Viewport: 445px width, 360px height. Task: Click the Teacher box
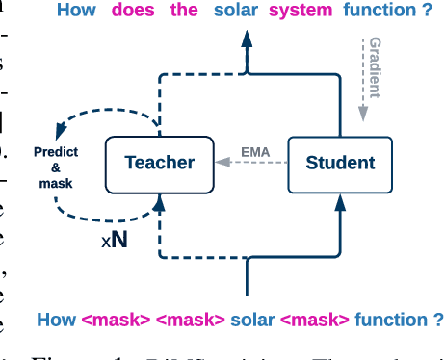click(x=159, y=163)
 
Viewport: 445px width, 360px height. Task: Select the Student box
click(x=339, y=163)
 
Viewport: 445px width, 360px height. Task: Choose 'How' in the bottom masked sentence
click(x=54, y=320)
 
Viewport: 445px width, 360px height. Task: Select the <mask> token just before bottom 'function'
click(x=317, y=320)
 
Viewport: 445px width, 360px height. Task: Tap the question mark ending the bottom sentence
click(x=438, y=320)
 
